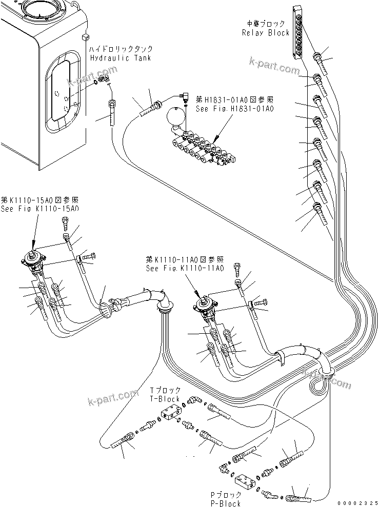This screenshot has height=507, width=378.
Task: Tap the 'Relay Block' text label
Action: pos(266,32)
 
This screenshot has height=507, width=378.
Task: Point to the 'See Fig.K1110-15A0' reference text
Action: pos(40,209)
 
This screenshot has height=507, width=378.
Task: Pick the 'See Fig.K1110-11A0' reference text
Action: pos(185,268)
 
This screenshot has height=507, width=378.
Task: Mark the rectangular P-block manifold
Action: pos(245,480)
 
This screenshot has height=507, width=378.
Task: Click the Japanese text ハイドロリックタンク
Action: pos(121,50)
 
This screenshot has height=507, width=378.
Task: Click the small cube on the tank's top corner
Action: pos(85,37)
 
